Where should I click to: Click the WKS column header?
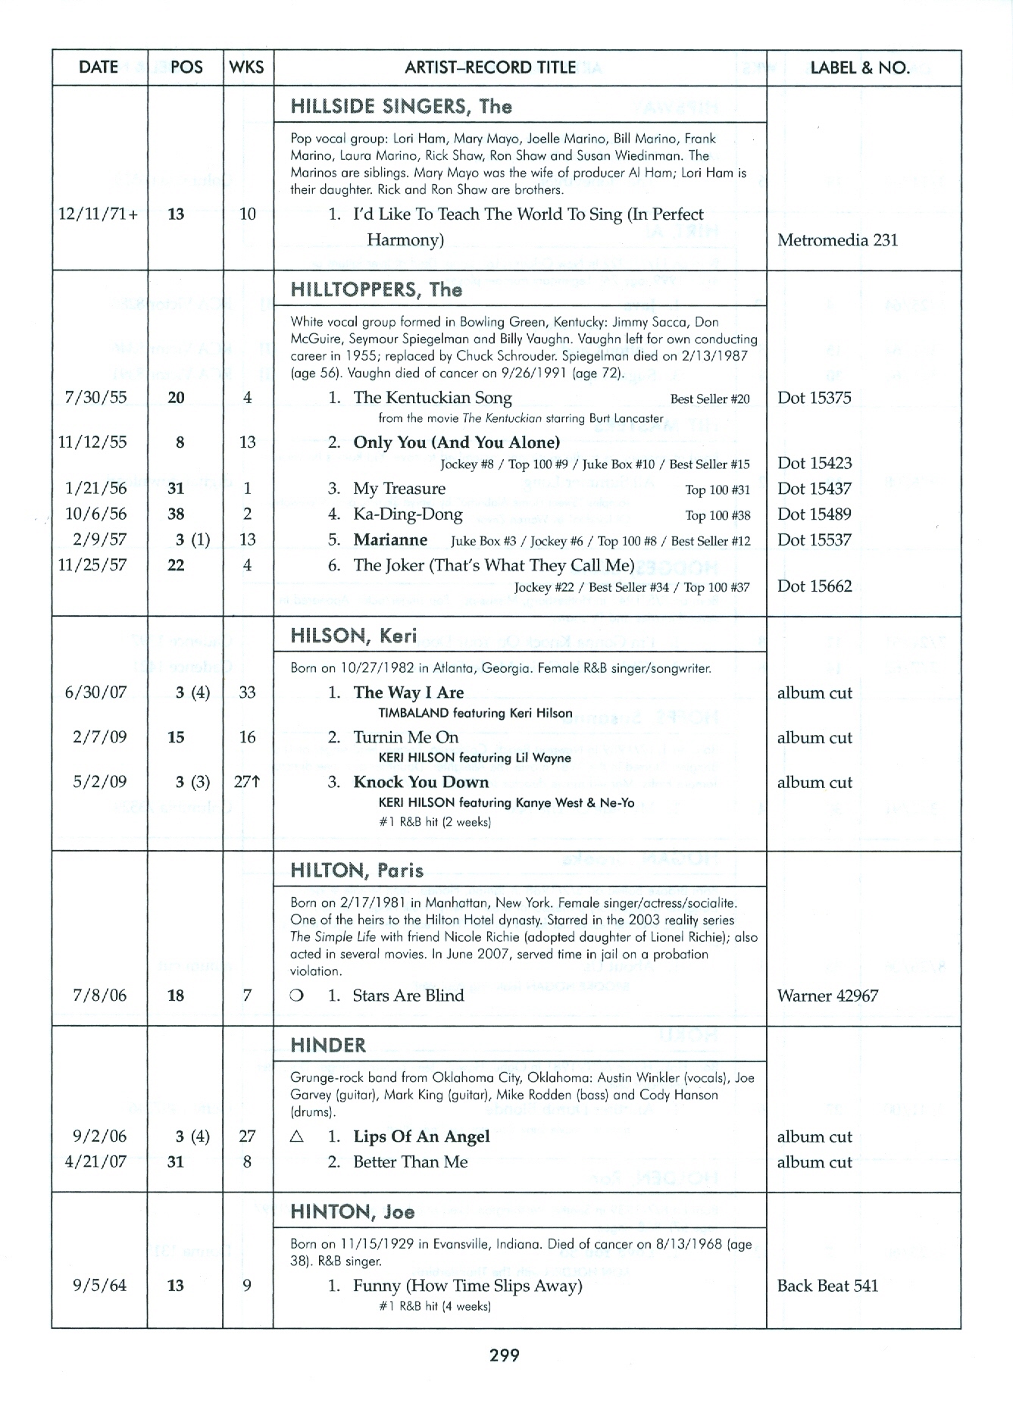click(x=247, y=67)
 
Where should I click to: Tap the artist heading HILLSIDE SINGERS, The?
click(x=401, y=106)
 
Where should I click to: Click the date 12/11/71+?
click(x=98, y=214)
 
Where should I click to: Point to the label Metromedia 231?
click(x=837, y=240)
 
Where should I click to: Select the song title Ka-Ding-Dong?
click(x=408, y=514)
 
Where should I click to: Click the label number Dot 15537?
click(x=814, y=540)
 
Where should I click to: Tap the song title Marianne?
click(x=390, y=540)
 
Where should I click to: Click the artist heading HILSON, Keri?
click(x=354, y=636)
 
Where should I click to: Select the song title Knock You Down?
click(x=421, y=782)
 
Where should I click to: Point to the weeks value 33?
click(x=247, y=692)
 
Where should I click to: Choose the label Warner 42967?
click(x=827, y=996)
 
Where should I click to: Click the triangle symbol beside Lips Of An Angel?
click(x=297, y=1136)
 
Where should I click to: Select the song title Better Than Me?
click(x=410, y=1162)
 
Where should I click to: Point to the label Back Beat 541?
click(x=827, y=1286)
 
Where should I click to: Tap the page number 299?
click(x=505, y=1355)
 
